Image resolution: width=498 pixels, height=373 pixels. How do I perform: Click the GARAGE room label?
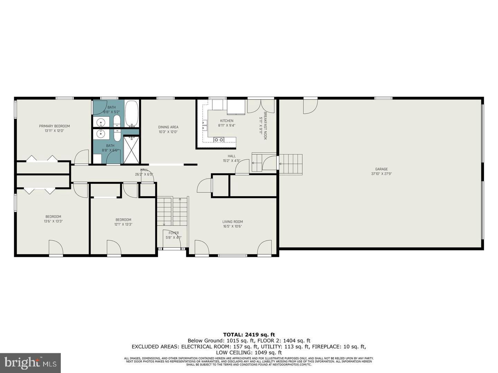381,169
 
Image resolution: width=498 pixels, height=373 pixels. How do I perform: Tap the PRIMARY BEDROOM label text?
54,126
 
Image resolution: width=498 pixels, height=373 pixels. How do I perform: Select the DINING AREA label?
168,127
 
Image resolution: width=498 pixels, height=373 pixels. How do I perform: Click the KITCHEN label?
227,121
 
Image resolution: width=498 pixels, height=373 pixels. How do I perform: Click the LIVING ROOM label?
232,222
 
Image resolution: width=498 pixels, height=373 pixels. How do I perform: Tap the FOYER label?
174,233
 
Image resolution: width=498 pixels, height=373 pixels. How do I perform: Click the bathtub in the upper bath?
131,113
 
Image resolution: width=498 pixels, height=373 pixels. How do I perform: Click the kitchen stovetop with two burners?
219,140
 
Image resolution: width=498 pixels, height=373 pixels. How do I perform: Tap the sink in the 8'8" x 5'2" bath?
101,122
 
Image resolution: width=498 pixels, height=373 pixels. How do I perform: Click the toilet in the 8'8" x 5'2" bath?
117,121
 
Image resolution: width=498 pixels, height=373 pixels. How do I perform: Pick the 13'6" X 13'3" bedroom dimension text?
53,221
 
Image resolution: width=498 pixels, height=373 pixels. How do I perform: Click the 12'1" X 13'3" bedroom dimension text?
123,224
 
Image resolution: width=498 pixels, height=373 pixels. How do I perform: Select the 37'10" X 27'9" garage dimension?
381,174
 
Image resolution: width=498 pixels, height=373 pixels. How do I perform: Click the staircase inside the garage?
290,164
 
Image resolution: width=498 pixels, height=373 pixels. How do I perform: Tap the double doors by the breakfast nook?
261,106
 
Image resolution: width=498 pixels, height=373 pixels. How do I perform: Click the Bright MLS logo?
30,363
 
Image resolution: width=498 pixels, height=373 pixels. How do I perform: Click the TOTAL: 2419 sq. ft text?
249,334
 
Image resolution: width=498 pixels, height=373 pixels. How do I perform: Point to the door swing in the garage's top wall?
310,106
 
